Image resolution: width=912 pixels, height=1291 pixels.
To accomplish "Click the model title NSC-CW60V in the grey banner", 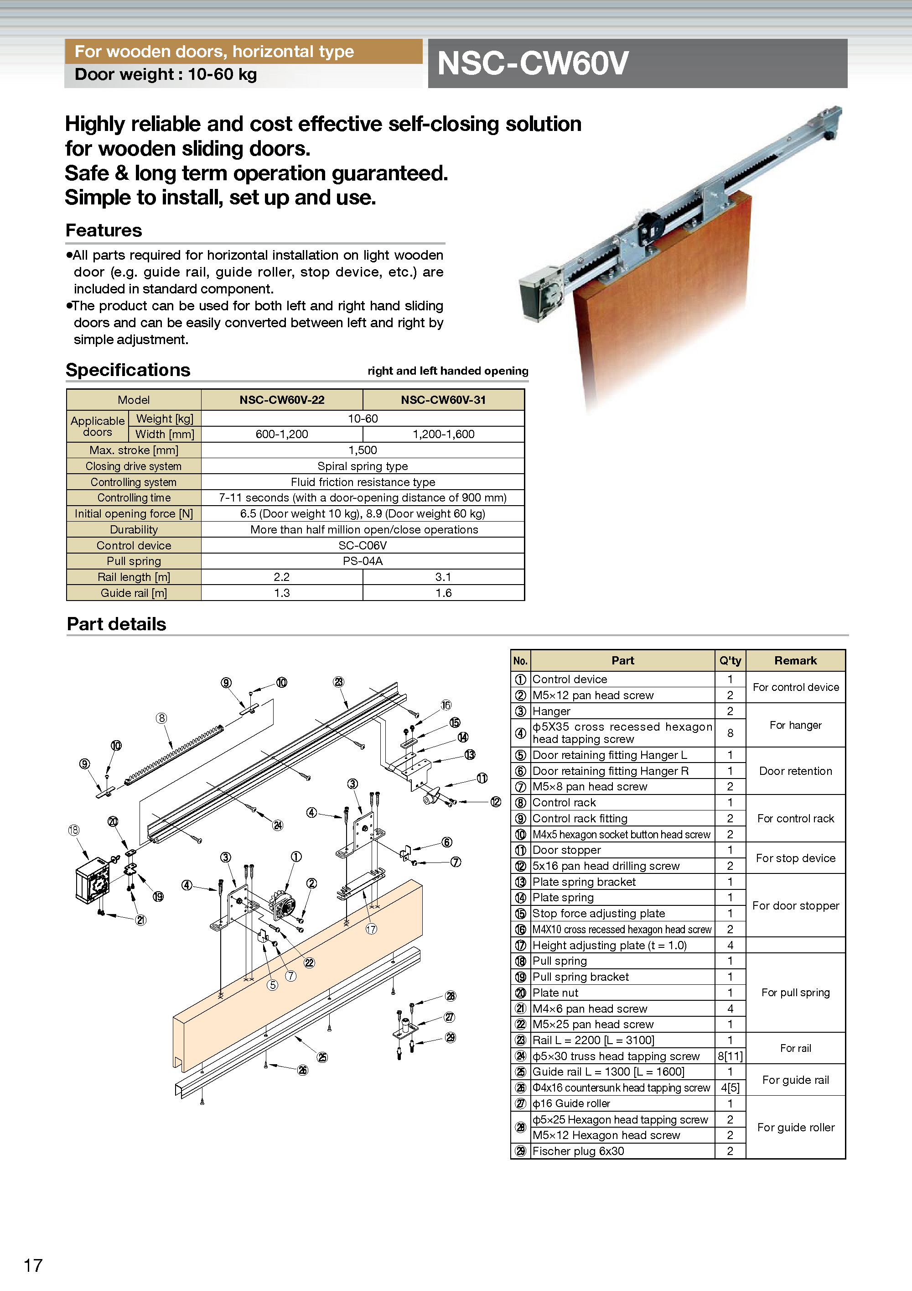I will [x=532, y=63].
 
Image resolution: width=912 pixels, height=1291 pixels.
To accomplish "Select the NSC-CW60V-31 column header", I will [x=443, y=400].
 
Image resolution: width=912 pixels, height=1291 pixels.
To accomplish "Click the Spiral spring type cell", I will [x=363, y=466].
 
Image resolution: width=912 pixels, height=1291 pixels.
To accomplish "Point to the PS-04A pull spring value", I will [x=363, y=561].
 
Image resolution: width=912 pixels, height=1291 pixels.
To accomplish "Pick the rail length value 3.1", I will [x=443, y=577].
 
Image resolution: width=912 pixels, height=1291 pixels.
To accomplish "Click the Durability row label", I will [x=134, y=530].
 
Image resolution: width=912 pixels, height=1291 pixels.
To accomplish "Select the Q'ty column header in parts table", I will [x=730, y=661].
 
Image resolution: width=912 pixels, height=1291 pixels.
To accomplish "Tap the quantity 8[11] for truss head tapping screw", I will [x=730, y=1056].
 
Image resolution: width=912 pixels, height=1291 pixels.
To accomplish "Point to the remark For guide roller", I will [x=795, y=1127].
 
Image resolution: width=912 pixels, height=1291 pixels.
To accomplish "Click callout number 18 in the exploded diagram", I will [x=73, y=830].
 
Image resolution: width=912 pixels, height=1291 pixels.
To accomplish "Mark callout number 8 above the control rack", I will [x=162, y=718].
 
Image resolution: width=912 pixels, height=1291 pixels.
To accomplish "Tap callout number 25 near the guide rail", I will [x=322, y=1057].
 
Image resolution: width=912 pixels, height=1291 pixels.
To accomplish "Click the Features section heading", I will [x=104, y=230].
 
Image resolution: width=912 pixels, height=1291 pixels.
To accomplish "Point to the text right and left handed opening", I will [x=447, y=371].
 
